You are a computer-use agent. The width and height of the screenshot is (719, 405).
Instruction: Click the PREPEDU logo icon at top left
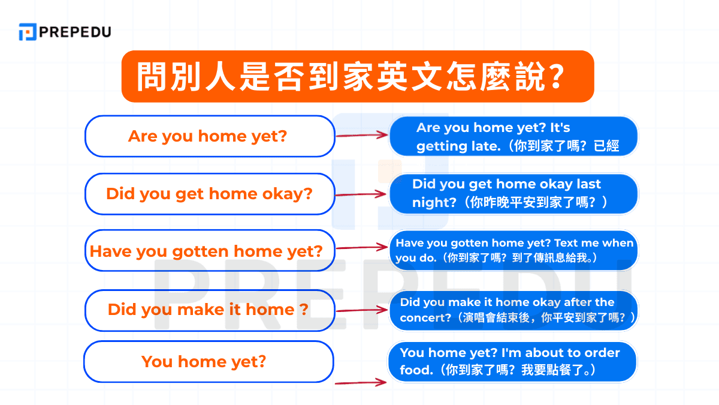(27, 32)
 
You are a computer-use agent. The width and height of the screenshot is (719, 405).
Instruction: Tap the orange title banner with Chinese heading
(357, 76)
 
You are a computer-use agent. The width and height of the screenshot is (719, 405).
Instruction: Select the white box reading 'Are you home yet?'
(209, 136)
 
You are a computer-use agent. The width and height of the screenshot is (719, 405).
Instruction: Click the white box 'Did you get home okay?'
(209, 194)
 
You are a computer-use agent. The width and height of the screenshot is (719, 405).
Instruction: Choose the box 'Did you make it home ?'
(209, 310)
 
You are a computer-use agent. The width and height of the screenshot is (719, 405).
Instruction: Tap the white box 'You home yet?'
(208, 361)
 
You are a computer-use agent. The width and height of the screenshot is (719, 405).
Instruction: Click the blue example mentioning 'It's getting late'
(513, 137)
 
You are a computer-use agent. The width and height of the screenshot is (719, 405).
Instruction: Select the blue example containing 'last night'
(513, 193)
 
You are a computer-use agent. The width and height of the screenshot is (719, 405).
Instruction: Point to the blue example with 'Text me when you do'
(513, 251)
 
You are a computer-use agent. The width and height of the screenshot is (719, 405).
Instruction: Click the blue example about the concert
(513, 310)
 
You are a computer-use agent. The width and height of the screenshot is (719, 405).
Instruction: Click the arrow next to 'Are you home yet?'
(362, 136)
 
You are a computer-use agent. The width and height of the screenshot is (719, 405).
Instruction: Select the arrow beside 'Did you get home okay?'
(361, 194)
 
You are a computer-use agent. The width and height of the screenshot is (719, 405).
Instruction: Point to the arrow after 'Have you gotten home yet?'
(362, 247)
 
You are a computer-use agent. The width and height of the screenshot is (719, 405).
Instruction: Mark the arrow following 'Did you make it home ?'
(362, 310)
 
